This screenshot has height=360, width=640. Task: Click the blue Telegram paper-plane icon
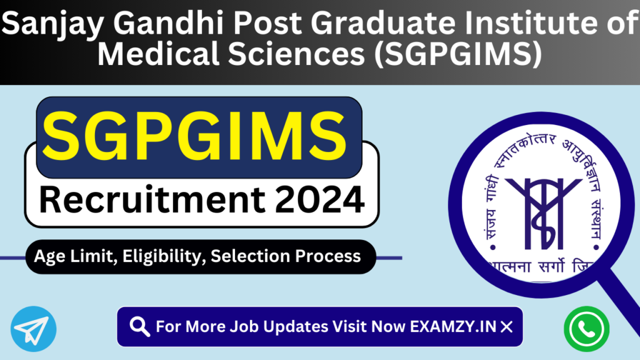tap(33, 328)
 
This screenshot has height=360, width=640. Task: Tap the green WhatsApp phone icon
tap(586, 328)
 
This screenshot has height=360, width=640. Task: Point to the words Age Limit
tap(67, 256)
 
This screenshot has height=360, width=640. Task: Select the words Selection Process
tap(286, 256)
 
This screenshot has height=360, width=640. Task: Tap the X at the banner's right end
tap(507, 326)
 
